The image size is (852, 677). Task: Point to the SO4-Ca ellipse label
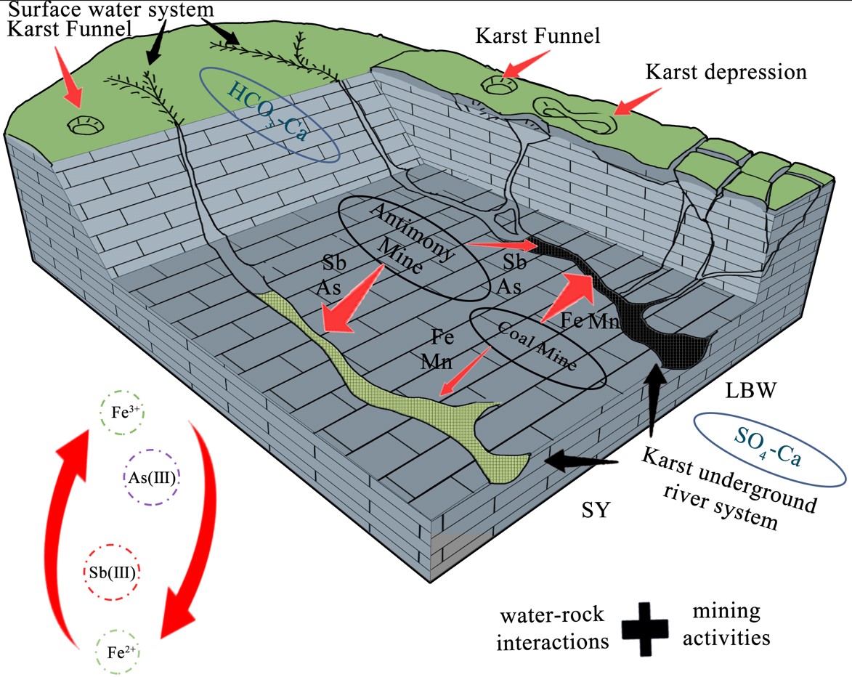(x=770, y=448)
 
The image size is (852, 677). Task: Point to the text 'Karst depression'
(x=726, y=73)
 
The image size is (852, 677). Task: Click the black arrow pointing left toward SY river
(x=580, y=460)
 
